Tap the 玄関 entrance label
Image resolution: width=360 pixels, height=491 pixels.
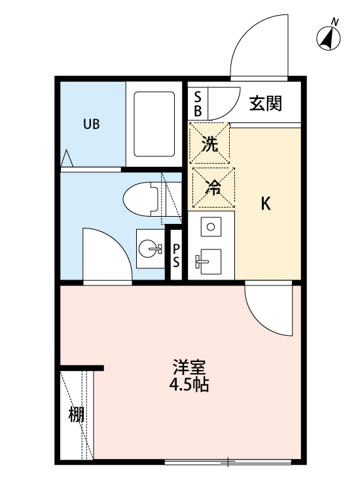pyautogui.click(x=265, y=103)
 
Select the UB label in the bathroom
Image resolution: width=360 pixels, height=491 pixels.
pyautogui.click(x=91, y=124)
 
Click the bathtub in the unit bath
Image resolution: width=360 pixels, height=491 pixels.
pyautogui.click(x=154, y=124)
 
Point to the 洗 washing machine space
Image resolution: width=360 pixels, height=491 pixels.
pyautogui.click(x=209, y=143)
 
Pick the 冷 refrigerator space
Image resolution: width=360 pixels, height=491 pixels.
pyautogui.click(x=211, y=187)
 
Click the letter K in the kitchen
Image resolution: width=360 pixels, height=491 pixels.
pyautogui.click(x=266, y=204)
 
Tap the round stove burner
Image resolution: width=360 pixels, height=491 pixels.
pyautogui.click(x=211, y=227)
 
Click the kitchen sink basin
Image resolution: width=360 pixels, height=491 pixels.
pyautogui.click(x=211, y=263)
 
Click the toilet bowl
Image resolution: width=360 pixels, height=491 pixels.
pyautogui.click(x=141, y=198)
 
